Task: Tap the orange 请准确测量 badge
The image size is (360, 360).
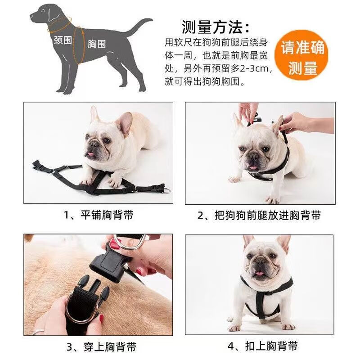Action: click(302, 58)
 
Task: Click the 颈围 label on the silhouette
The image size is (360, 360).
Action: click(63, 40)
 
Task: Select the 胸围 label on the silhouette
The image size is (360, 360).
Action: click(97, 44)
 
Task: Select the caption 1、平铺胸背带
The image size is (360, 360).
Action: click(98, 215)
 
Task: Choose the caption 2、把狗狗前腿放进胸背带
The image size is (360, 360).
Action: click(260, 216)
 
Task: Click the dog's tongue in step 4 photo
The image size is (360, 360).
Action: click(260, 274)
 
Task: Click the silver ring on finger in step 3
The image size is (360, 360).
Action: click(38, 332)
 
